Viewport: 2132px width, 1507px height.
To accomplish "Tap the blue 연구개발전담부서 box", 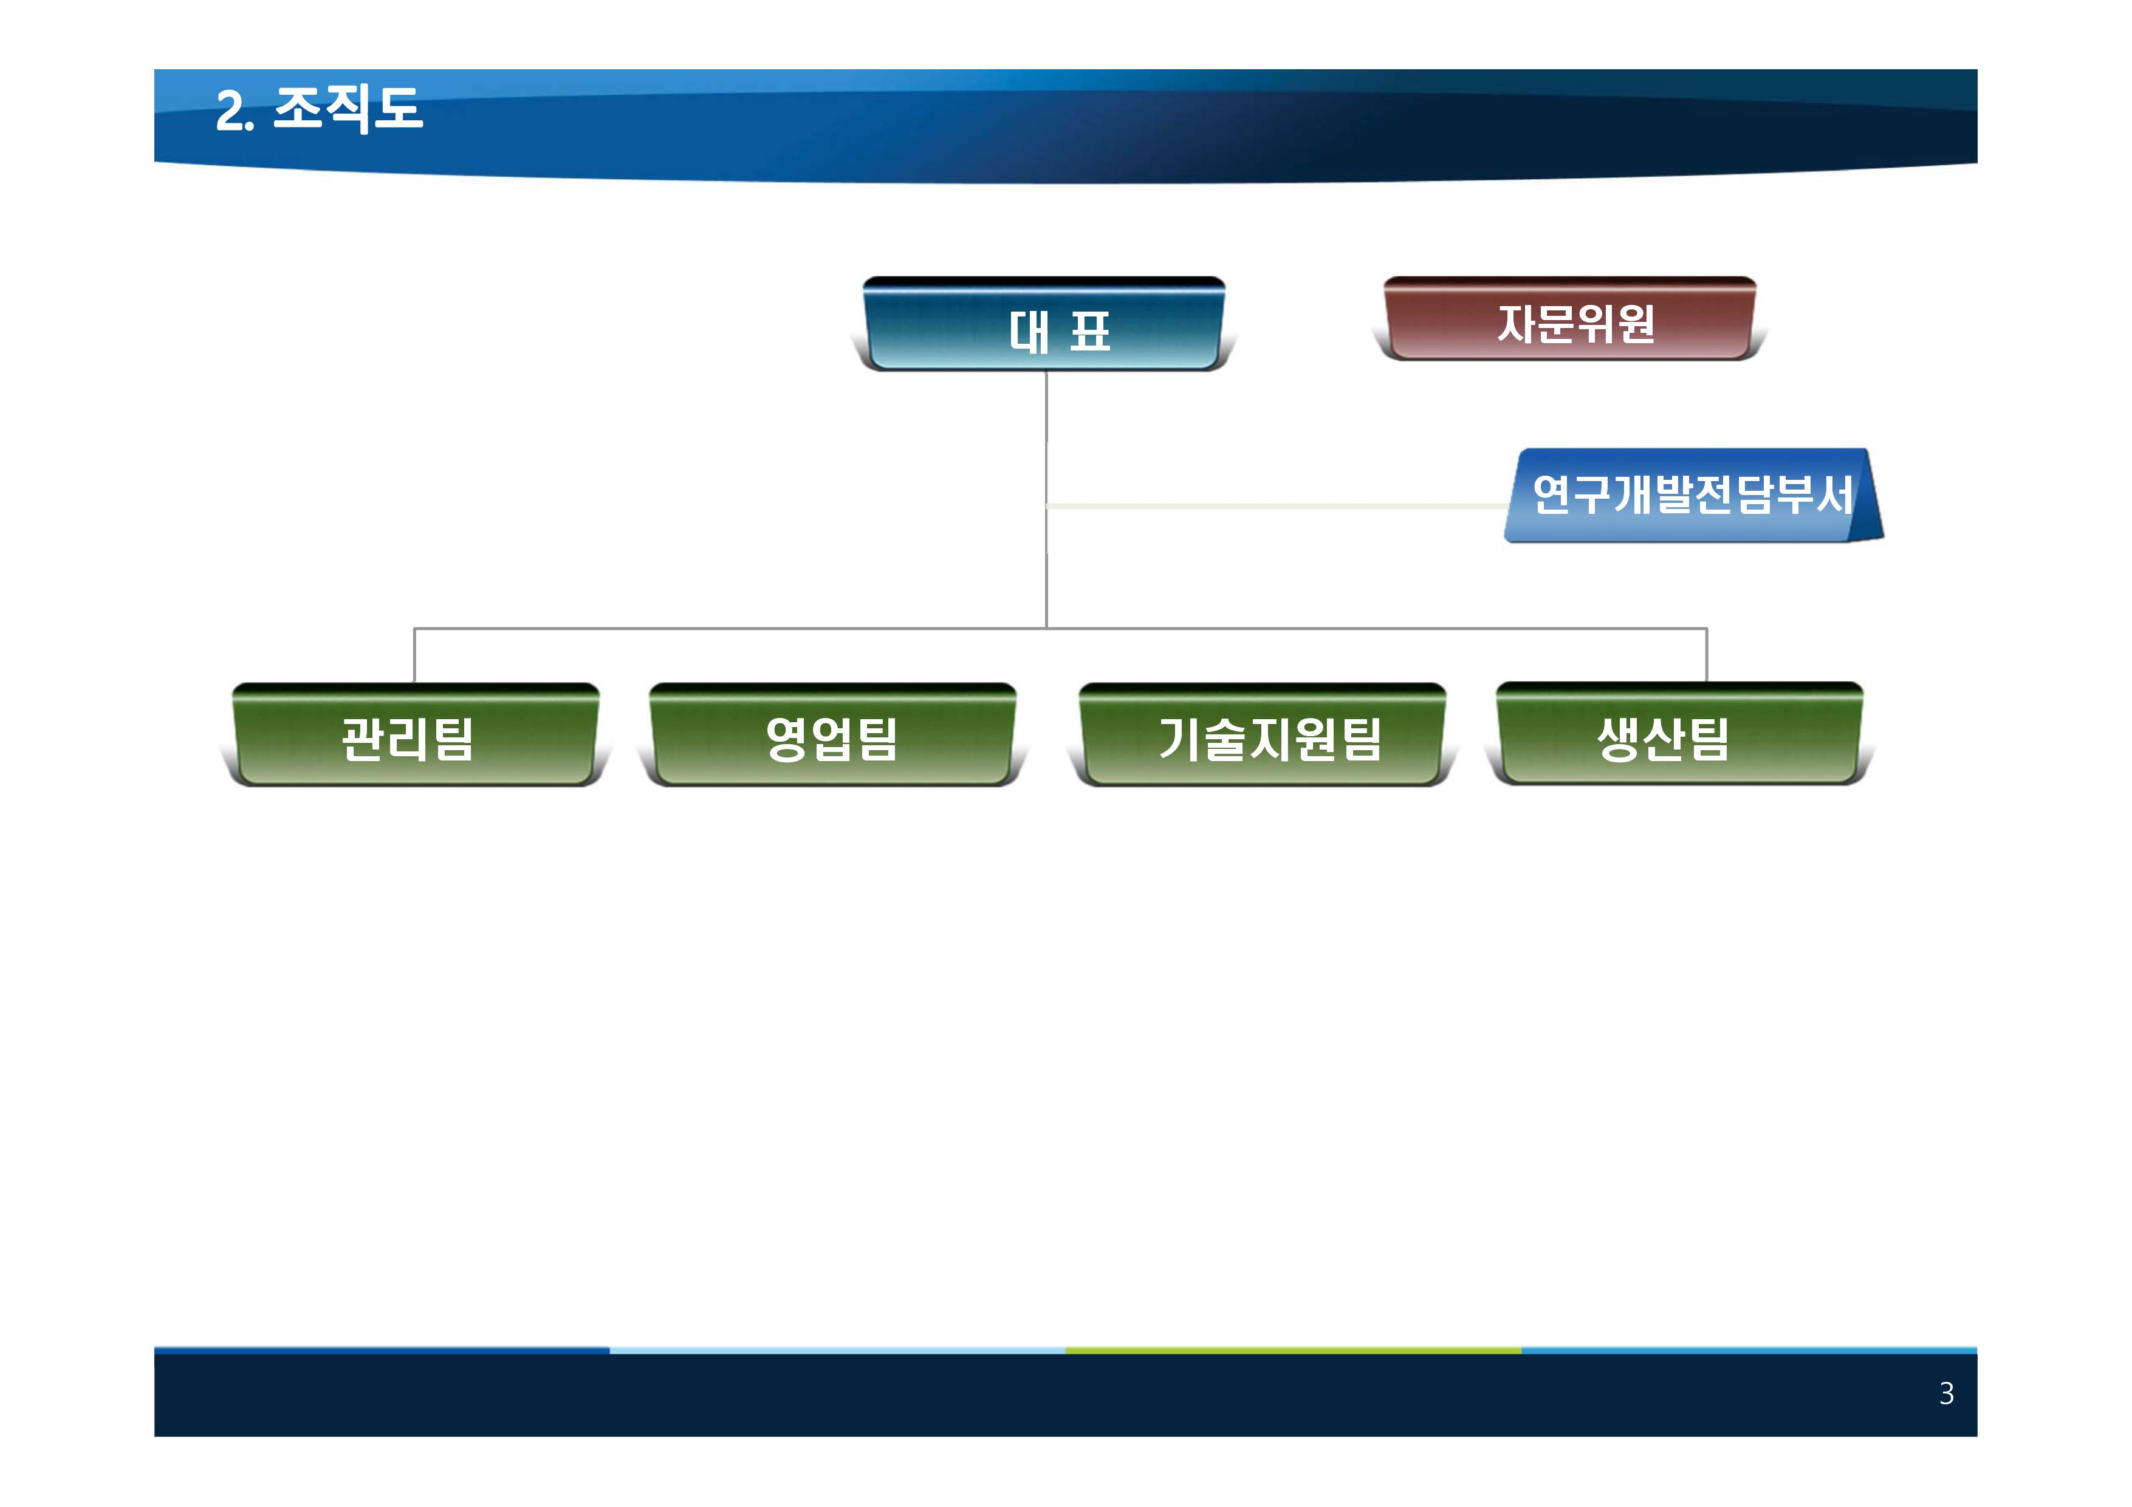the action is (x=1693, y=495).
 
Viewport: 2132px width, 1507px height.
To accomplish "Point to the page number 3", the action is (x=1946, y=1393).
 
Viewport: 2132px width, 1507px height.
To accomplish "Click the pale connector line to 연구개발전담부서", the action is (x=1277, y=506).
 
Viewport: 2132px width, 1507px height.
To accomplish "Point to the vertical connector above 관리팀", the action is (x=414, y=655).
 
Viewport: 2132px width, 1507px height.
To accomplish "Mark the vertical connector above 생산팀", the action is (x=1707, y=655).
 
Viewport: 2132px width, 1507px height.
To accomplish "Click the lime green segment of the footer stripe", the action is (x=1294, y=1350).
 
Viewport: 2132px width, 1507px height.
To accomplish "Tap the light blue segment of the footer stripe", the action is (x=838, y=1350).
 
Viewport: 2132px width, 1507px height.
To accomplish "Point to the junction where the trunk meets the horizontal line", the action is (x=1046, y=629).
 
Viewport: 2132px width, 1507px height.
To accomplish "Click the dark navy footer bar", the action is (x=1066, y=1395).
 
